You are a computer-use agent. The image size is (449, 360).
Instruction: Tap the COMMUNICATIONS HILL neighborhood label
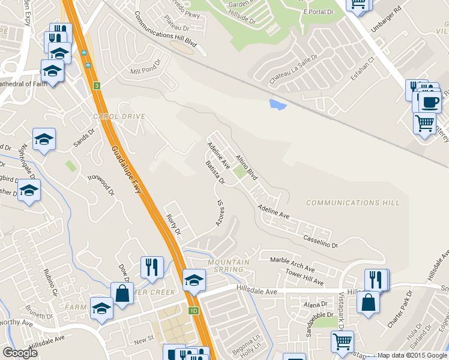point(352,203)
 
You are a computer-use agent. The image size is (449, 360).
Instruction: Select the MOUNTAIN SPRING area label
point(229,265)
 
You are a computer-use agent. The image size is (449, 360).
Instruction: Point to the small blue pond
point(278,105)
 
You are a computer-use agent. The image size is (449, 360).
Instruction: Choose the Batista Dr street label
point(214,172)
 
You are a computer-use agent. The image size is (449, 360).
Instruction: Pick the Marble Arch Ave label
point(292,265)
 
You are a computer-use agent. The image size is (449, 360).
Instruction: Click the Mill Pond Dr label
point(146,68)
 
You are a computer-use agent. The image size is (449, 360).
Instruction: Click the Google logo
point(20,353)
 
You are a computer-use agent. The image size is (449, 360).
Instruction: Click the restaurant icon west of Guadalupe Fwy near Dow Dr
point(151,266)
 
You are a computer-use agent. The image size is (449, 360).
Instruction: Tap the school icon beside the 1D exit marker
point(194,280)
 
